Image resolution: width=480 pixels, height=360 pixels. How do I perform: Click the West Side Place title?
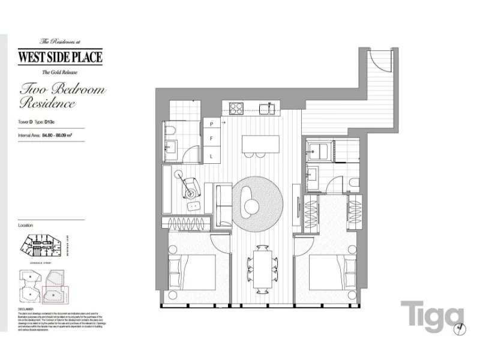point(60,58)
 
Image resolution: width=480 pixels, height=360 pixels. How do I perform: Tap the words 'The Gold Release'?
point(60,73)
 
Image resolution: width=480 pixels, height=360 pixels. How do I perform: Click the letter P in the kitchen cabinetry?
point(211,124)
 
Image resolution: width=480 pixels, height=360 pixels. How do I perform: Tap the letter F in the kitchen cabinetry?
point(211,140)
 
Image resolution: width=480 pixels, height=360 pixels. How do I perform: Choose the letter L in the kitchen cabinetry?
point(211,157)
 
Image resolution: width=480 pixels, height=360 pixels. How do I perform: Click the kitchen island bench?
point(260,144)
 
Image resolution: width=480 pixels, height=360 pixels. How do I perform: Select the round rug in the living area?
point(255,202)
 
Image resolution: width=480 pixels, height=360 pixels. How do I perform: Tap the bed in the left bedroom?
point(192,274)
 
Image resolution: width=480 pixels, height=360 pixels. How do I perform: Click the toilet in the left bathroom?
point(169,131)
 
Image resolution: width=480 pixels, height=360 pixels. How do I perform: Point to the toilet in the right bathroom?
point(354,184)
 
